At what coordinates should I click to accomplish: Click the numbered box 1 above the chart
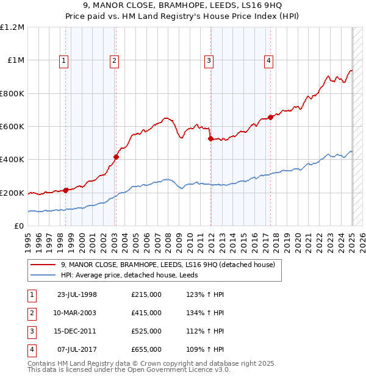coord(64,60)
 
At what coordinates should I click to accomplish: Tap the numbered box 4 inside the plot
coord(268,60)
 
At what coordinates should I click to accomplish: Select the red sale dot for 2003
coord(116,157)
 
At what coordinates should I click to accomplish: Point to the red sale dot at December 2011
coord(210,139)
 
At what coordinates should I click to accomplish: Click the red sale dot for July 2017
coord(270,118)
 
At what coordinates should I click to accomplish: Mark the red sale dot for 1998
coord(65,190)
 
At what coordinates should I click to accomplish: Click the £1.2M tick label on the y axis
coord(12,27)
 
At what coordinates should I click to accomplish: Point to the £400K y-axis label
coord(12,160)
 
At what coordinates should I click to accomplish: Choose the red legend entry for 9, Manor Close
coord(168,265)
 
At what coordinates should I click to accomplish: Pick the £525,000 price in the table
coord(146,331)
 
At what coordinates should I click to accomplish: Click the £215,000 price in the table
coord(146,294)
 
